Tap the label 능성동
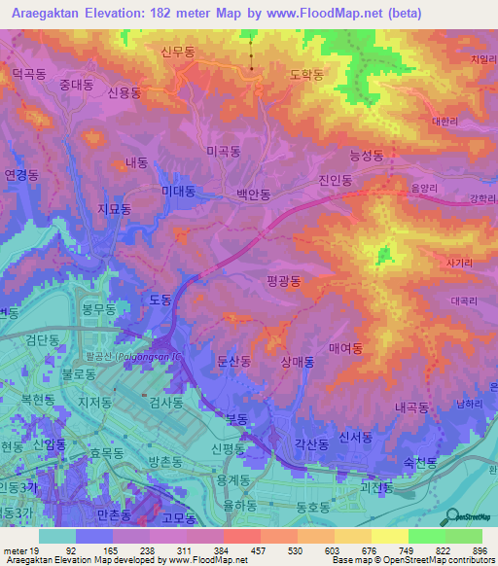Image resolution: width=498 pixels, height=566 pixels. click(x=366, y=155)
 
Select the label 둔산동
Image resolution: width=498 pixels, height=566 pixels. click(x=233, y=361)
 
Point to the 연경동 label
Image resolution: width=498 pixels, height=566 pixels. click(x=20, y=175)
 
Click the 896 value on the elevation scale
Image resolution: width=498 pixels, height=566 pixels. click(x=479, y=550)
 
